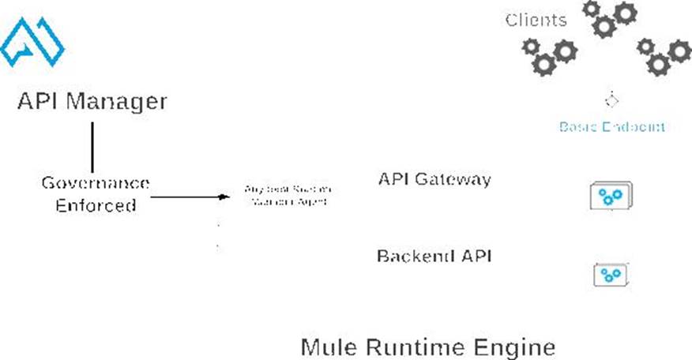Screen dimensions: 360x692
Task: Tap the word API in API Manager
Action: pos(39,102)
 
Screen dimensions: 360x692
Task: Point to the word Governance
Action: pos(96,184)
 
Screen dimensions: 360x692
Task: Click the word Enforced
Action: pos(96,206)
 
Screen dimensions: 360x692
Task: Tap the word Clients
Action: pos(536,20)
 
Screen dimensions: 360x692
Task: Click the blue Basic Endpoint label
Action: pos(611,126)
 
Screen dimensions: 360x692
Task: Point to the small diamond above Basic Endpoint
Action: pos(611,100)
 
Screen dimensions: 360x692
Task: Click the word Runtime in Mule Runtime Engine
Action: pos(411,347)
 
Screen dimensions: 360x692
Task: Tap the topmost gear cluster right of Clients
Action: pos(609,19)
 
